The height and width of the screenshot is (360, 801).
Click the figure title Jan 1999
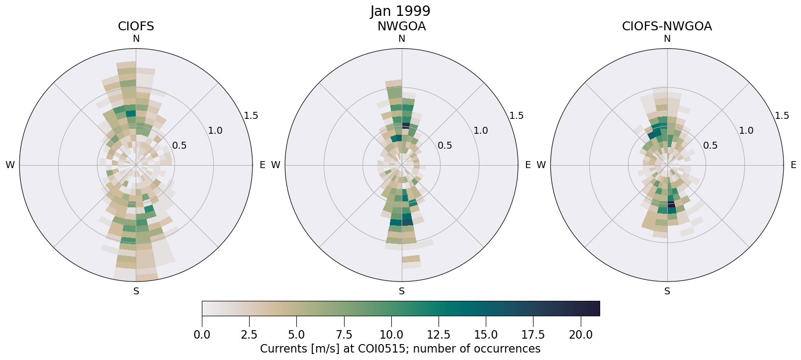(400, 11)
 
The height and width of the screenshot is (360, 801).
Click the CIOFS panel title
(136, 26)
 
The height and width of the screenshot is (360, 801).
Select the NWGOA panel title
(401, 26)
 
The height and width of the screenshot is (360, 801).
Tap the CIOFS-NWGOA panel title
(667, 26)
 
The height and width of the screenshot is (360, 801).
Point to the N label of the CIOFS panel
(136, 39)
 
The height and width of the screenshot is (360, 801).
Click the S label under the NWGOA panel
(402, 291)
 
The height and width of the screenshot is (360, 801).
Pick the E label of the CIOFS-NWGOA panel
(793, 165)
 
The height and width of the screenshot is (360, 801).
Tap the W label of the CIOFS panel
(10, 165)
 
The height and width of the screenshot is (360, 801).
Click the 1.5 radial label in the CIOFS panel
(251, 116)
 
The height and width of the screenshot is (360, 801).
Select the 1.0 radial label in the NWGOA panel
(480, 131)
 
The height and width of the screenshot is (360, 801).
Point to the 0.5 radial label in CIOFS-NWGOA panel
(710, 146)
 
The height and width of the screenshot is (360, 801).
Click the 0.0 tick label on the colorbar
(202, 335)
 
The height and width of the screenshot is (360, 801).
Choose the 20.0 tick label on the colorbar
(581, 335)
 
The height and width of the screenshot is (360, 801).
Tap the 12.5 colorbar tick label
(439, 335)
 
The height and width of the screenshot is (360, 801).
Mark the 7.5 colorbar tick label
(344, 335)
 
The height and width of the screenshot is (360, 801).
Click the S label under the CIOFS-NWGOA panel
(667, 291)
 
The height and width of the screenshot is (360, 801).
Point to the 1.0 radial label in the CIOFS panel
(215, 131)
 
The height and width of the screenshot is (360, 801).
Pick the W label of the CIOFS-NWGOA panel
(541, 165)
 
